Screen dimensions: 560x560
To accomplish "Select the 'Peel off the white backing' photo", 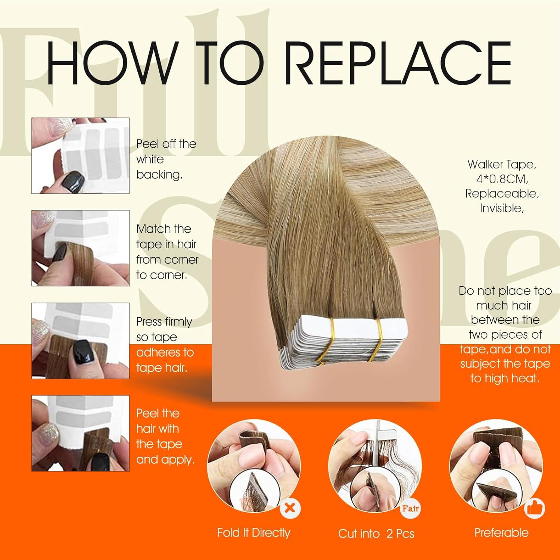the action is [80, 156].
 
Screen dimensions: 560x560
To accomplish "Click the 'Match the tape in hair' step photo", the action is [80, 248].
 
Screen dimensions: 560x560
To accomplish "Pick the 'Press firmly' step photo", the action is [80, 341].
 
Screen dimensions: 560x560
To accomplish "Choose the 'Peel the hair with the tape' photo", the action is [80, 433].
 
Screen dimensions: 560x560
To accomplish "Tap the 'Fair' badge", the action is [410, 508].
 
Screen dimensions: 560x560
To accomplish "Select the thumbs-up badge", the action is [535, 508].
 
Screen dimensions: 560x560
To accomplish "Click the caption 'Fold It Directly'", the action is [253, 533].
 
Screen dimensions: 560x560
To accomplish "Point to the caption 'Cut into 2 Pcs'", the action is [376, 533].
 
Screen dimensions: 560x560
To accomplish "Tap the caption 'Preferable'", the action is [501, 533].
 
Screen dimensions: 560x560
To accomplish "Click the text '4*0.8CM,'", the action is [502, 179].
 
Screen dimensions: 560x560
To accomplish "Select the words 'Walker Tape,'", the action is [502, 164].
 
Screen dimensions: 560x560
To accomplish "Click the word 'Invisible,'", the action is [502, 208].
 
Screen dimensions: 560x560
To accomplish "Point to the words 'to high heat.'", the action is [505, 378].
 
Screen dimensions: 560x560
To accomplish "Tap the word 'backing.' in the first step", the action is [159, 175].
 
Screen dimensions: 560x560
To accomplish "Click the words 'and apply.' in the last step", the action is [165, 460].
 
